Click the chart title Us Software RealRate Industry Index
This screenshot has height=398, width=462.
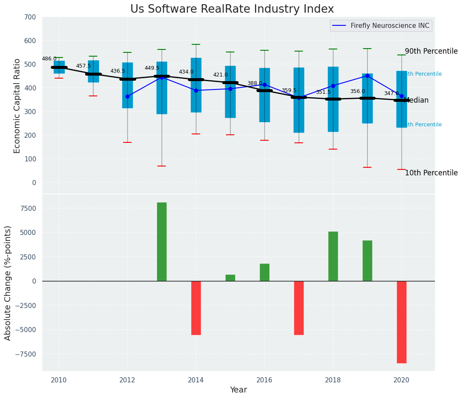(232, 9)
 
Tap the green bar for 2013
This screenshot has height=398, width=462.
(162, 242)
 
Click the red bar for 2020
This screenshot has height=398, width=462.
(401, 322)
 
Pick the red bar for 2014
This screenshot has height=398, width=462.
(196, 308)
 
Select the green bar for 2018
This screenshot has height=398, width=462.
(333, 256)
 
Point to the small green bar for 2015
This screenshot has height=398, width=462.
(230, 278)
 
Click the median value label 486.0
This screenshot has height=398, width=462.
(49, 59)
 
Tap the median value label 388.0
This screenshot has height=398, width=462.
(255, 83)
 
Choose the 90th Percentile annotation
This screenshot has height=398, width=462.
(431, 52)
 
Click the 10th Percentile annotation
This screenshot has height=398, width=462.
(431, 173)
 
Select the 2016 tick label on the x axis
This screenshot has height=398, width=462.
(264, 380)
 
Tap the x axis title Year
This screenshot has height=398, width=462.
(238, 390)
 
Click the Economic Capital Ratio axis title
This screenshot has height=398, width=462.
(17, 106)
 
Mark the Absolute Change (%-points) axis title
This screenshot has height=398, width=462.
(8, 283)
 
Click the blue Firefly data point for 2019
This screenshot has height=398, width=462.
(367, 76)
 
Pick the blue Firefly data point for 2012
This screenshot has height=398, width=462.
(127, 96)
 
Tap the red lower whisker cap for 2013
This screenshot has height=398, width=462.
(162, 166)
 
